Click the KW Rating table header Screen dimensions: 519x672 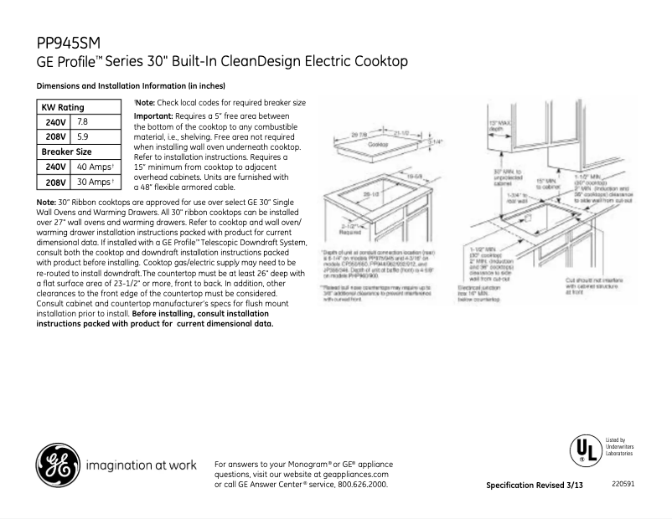pos(63,107)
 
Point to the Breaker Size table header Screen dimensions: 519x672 pos(67,152)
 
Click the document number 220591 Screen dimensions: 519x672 pos(622,485)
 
